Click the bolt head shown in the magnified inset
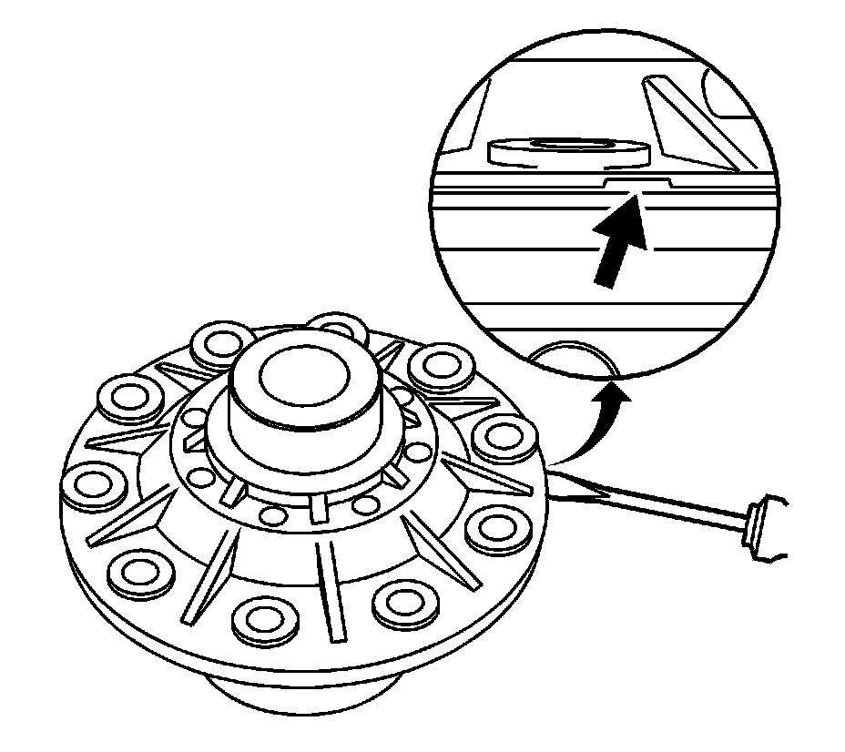point(565,152)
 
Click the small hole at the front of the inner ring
point(270,515)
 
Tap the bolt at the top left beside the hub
point(217,344)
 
